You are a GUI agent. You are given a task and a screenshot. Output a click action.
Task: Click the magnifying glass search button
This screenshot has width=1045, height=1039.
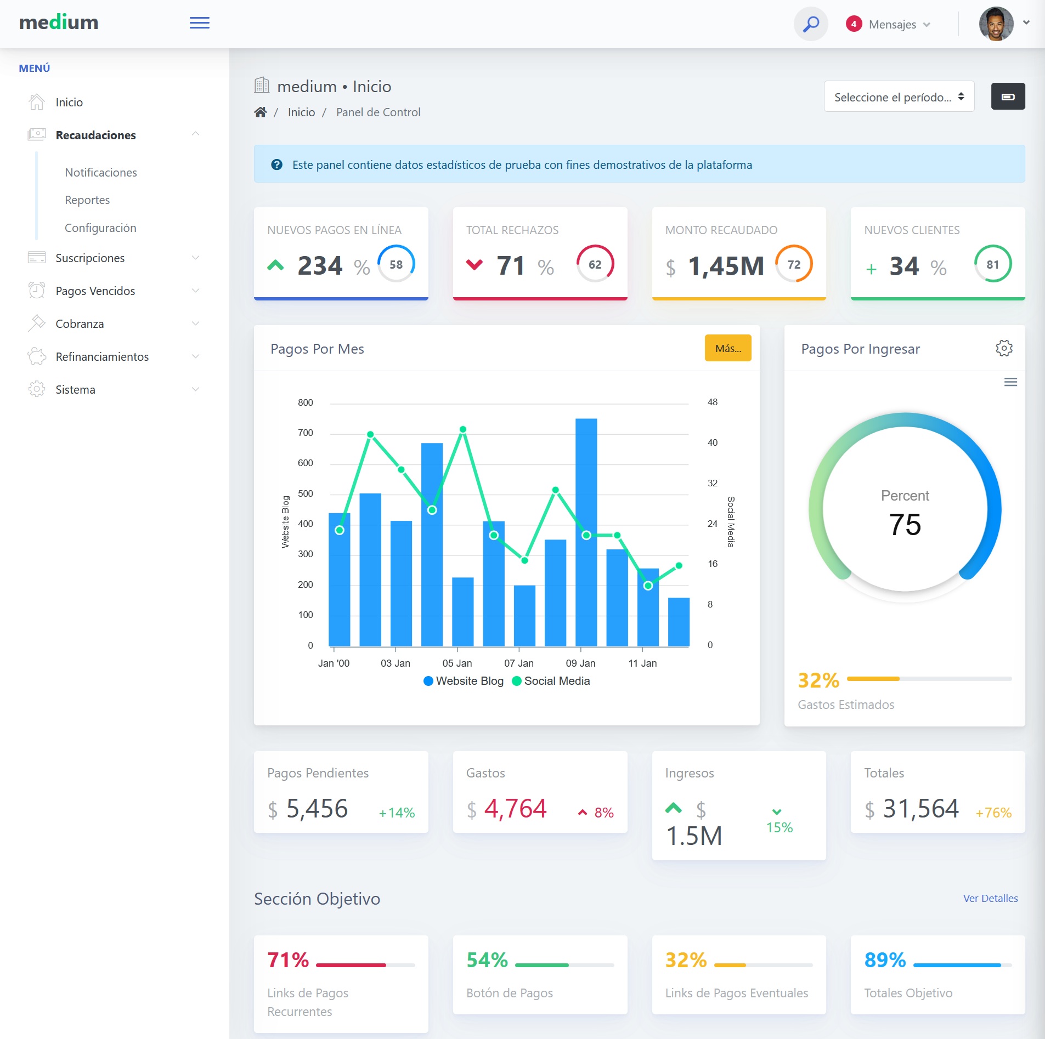coord(811,24)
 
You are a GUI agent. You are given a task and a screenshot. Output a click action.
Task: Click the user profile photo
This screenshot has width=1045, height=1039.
coord(996,24)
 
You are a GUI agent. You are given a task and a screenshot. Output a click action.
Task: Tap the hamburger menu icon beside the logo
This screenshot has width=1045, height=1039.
coord(200,23)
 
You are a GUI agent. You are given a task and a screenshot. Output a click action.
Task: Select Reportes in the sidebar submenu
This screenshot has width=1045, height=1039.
coord(87,200)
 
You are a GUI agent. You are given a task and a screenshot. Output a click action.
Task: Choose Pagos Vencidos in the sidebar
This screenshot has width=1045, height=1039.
coord(95,291)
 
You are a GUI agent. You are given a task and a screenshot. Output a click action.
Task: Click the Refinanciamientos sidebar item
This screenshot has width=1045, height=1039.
coord(102,357)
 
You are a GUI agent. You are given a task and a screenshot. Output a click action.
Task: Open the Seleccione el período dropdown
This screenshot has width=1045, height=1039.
coord(899,97)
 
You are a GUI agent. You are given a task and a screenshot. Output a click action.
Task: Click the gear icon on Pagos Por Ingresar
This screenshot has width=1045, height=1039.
coord(1004,348)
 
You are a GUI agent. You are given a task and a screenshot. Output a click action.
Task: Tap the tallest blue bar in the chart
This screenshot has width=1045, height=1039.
coord(586,532)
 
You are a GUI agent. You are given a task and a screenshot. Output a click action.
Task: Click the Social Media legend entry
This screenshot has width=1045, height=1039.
coord(551,681)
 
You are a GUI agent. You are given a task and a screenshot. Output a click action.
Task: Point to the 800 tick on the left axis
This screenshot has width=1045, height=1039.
coord(306,402)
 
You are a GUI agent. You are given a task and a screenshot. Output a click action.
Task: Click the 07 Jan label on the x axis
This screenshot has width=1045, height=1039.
coord(518,663)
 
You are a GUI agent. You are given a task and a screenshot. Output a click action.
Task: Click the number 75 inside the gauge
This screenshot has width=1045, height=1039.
coord(905,525)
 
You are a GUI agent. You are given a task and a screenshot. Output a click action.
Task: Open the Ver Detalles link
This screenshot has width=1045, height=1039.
coord(990,899)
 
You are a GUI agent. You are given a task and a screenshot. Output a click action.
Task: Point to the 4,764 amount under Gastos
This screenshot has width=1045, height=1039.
coord(515,809)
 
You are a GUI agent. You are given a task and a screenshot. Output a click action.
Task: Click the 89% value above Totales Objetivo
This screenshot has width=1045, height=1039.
coord(885,960)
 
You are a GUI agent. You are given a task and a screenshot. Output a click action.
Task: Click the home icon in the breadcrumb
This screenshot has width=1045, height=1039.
coord(261,112)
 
